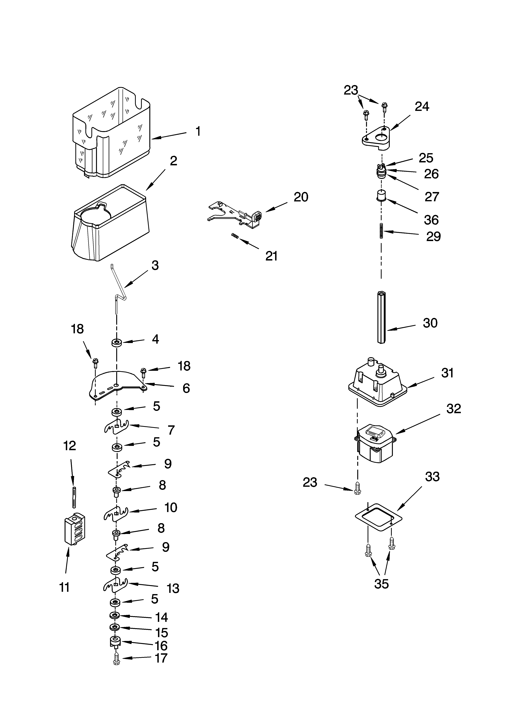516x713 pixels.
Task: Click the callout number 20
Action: coord(301,197)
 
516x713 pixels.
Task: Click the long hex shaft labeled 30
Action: coord(381,318)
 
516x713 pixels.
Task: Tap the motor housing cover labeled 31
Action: coord(377,385)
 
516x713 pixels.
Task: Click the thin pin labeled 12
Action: coord(74,497)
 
